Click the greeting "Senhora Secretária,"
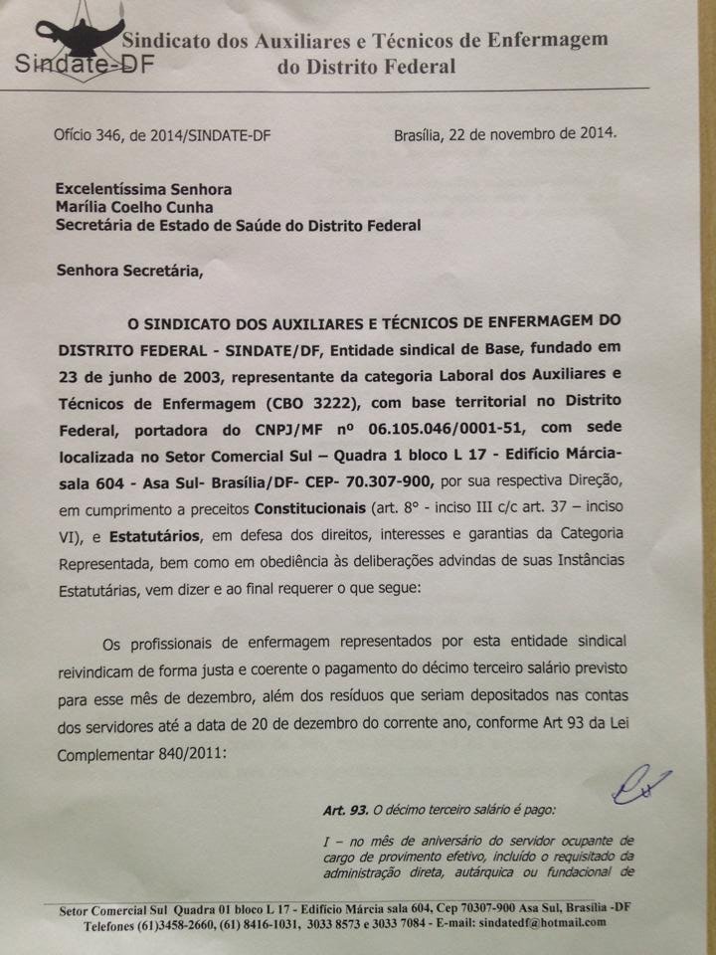tap(128, 269)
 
